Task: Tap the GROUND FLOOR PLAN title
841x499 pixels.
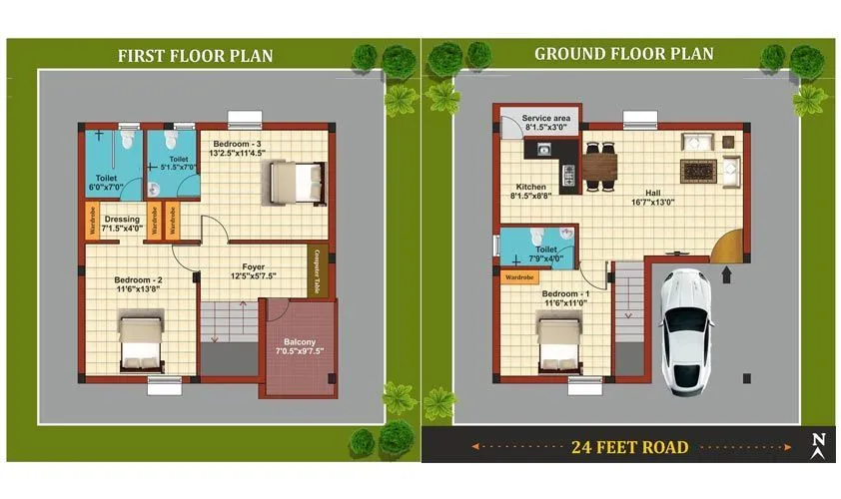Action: point(624,53)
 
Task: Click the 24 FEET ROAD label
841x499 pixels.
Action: point(629,446)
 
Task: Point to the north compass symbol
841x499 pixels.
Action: point(818,445)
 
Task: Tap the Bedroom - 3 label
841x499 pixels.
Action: point(238,149)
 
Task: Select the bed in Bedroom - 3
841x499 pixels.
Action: point(293,184)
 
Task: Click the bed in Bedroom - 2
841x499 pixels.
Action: point(140,342)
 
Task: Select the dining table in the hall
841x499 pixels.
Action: point(599,165)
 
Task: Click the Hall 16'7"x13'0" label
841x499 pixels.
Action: point(653,196)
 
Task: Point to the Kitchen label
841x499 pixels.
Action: point(531,192)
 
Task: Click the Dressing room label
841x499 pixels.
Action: point(122,224)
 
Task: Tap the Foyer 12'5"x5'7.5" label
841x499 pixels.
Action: point(254,271)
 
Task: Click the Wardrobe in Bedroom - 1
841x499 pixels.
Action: point(520,276)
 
